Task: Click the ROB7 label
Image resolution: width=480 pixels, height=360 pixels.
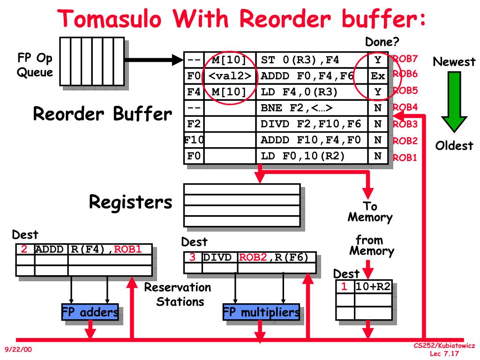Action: (405, 59)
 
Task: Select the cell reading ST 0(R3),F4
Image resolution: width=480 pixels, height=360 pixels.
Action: (312, 60)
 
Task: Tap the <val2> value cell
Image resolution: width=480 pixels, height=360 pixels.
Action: (231, 76)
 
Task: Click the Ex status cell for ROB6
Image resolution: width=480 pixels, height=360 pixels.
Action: (378, 76)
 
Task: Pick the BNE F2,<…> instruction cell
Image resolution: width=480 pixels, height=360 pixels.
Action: (312, 108)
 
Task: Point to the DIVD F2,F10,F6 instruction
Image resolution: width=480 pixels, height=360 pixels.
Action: (312, 124)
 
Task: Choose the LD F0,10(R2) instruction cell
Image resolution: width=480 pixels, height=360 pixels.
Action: (312, 156)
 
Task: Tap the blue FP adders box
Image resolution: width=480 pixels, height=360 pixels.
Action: (90, 313)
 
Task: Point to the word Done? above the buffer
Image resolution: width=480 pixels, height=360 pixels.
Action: (382, 43)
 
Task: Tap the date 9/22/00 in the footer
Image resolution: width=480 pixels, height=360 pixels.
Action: (18, 349)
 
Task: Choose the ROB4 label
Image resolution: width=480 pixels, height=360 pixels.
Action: (405, 107)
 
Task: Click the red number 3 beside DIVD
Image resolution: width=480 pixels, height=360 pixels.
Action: (192, 257)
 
